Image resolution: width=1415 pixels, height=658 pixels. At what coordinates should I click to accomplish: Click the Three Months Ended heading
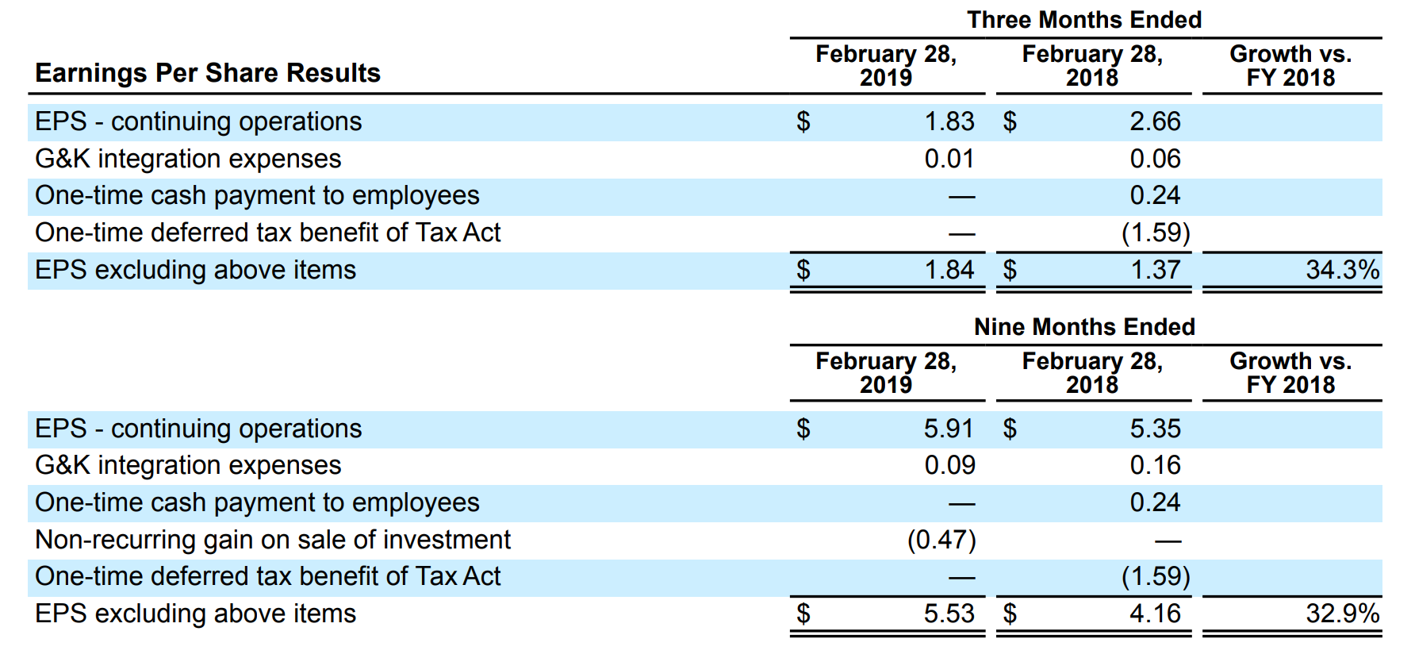(x=1084, y=20)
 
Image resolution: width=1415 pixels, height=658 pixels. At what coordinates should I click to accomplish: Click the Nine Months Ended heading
(x=1084, y=327)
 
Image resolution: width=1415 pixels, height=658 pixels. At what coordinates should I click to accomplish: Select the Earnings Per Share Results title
(x=208, y=73)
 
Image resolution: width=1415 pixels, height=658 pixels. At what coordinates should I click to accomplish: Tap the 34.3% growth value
(x=1342, y=270)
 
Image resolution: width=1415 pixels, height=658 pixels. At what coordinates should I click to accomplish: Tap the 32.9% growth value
(x=1342, y=614)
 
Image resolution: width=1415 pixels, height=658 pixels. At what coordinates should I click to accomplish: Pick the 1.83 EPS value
(x=949, y=121)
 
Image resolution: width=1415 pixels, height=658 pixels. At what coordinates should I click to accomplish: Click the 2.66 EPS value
(x=1155, y=121)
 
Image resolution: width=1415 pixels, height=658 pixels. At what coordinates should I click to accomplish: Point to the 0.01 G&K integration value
(x=949, y=159)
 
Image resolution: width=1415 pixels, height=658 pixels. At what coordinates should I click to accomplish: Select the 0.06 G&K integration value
(x=1155, y=159)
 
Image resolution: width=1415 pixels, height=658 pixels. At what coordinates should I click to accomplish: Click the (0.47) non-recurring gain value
(x=941, y=540)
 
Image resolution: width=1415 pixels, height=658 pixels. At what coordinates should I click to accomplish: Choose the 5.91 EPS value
(x=949, y=429)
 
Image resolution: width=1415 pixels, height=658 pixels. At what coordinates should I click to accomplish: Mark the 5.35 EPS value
(x=1155, y=429)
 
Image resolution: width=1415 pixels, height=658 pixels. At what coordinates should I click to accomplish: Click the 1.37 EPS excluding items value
(x=1155, y=270)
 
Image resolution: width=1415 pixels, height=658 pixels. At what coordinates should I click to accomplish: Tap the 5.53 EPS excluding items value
(x=949, y=614)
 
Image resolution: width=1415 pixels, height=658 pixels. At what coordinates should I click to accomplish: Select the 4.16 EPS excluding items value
(x=1155, y=614)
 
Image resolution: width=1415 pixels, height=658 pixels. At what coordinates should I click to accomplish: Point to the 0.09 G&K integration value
(x=949, y=465)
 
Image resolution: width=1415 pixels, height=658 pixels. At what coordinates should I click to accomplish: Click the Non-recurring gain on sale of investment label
(x=273, y=540)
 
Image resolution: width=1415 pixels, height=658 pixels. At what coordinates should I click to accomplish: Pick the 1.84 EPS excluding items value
(x=949, y=270)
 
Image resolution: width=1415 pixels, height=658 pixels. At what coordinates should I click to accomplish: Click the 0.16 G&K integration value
(x=1155, y=465)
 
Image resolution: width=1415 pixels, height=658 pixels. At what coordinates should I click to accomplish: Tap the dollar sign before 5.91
(x=803, y=429)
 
